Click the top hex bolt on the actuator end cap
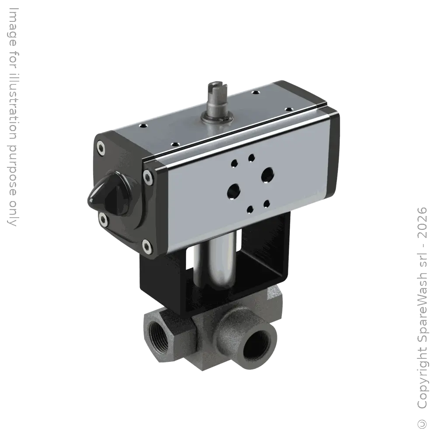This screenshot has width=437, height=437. pyautogui.click(x=102, y=149)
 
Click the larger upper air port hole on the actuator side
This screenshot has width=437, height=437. pyautogui.click(x=267, y=174)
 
